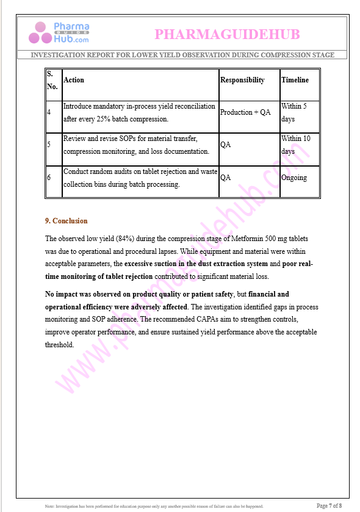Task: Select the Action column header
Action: [74, 80]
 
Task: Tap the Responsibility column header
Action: [242, 80]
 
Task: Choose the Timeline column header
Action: [295, 80]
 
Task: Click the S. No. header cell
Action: [52, 80]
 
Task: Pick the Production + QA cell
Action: [245, 112]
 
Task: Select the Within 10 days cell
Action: [295, 145]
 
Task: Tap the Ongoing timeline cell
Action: [293, 178]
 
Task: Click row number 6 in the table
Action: [49, 178]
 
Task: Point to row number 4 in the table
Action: [49, 112]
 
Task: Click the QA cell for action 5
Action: [225, 145]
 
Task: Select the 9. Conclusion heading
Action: [66, 221]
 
